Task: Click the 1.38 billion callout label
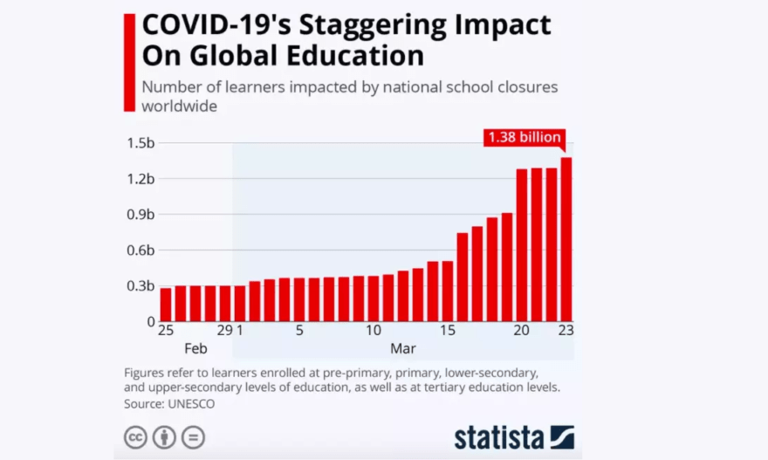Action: pos(525,138)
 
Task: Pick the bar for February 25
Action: pos(166,304)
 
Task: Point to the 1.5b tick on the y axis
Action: pos(142,143)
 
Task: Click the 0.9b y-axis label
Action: pos(142,215)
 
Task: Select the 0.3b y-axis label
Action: pos(142,286)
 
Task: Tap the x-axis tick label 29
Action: pos(224,330)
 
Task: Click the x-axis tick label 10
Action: pos(374,330)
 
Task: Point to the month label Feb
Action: pos(195,348)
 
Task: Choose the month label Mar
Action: pos(403,348)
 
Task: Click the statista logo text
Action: pos(498,436)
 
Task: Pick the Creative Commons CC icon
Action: pos(135,437)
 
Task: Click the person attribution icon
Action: pos(164,437)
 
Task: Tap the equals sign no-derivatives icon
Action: pos(193,437)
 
